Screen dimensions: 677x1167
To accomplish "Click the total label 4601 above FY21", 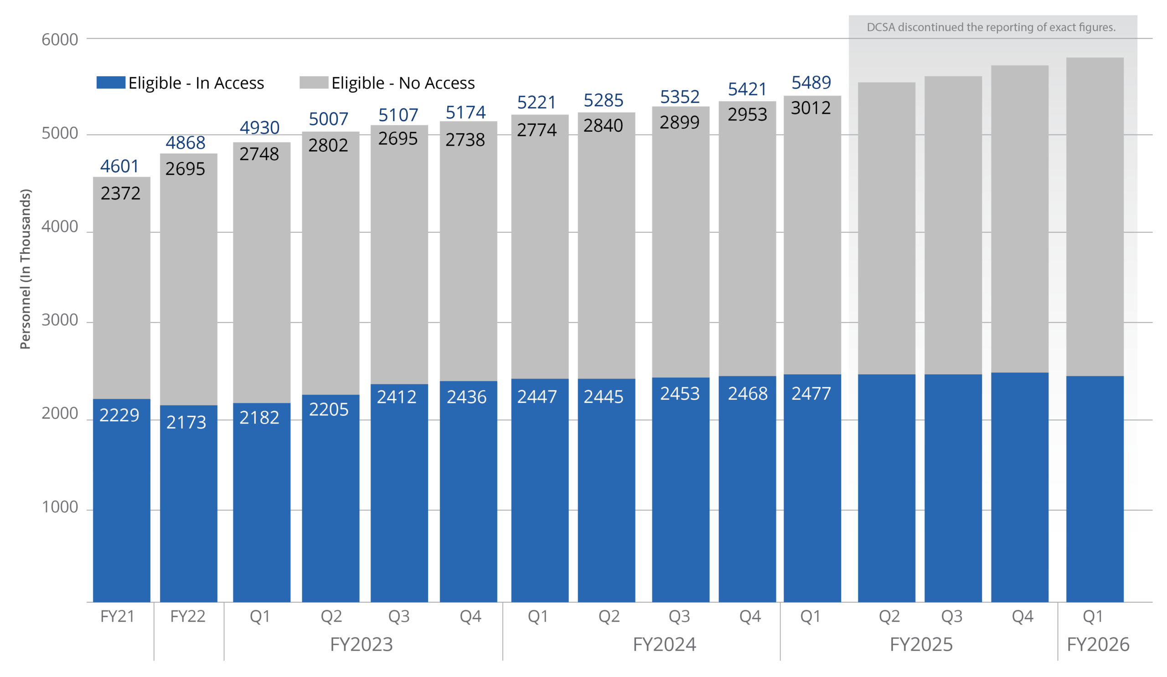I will (119, 166).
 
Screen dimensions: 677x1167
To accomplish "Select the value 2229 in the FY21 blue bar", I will (119, 415).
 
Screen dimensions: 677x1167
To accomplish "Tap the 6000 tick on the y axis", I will (60, 40).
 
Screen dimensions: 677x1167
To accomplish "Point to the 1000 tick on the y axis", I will (60, 507).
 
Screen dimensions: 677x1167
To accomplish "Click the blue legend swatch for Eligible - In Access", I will (111, 83).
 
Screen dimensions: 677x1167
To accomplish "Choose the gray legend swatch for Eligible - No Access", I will (314, 83).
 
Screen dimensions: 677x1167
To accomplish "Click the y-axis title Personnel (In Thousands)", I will (26, 269).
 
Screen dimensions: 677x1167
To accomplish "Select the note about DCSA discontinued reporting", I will (991, 27).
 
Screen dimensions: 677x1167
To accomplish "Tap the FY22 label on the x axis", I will (187, 616).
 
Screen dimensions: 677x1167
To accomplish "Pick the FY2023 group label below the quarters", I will (361, 645).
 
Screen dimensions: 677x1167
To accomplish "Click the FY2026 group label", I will (1098, 645).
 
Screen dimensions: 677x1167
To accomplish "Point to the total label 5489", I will (811, 83).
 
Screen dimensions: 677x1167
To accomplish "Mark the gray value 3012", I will (811, 108).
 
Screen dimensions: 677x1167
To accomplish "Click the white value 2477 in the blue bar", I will (811, 393).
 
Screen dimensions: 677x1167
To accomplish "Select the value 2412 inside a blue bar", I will (397, 397).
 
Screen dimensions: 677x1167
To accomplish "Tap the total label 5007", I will (328, 119).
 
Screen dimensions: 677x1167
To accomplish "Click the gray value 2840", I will (603, 125).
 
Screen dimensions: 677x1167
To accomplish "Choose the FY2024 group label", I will (665, 645).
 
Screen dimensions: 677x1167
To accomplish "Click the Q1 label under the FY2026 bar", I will (1093, 616).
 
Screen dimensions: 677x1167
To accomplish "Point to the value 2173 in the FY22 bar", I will (186, 422).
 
